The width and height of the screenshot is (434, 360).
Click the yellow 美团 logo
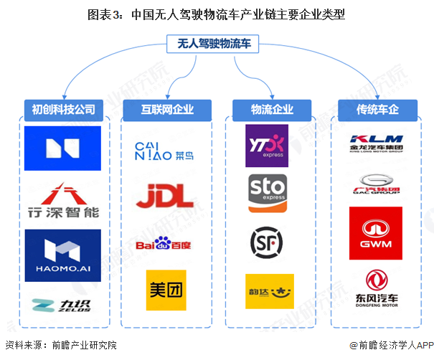coord(166,289)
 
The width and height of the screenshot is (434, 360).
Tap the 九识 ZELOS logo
coord(63,304)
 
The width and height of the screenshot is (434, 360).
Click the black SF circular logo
coord(267,241)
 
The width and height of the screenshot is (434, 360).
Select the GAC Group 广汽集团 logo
coord(377,184)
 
